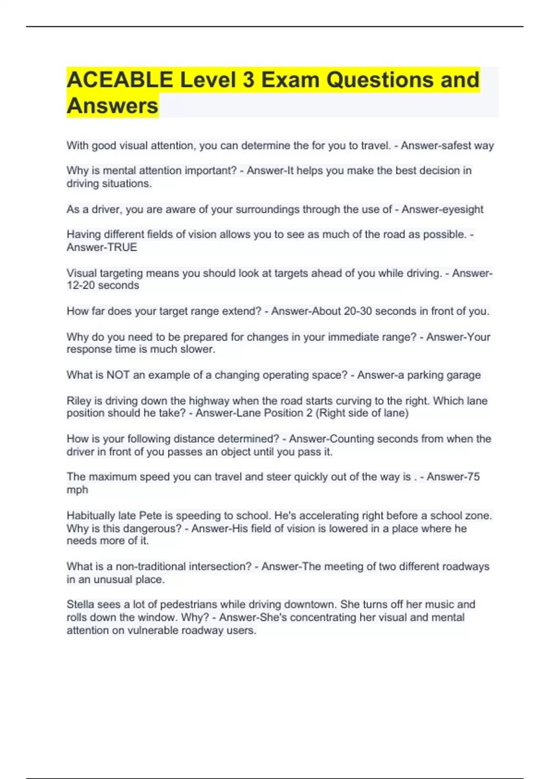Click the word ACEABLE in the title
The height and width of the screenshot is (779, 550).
(x=120, y=80)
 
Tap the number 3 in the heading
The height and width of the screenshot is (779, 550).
(x=248, y=80)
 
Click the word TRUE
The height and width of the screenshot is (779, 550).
(x=122, y=247)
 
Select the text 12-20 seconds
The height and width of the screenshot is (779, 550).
(x=103, y=285)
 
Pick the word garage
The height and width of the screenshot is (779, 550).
(x=463, y=375)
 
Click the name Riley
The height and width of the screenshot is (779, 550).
(x=78, y=400)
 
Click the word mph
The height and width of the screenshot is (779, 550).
(x=77, y=489)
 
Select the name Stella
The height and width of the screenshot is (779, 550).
(x=81, y=604)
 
